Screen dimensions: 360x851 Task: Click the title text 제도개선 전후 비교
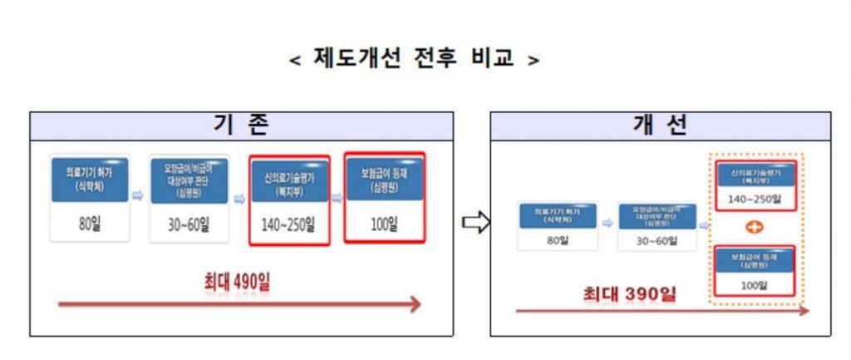click(414, 58)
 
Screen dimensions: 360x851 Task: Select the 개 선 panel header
click(660, 126)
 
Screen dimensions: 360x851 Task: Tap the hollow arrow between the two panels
click(475, 223)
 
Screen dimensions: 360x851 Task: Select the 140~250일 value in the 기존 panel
click(290, 224)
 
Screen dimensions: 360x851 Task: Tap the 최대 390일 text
click(628, 293)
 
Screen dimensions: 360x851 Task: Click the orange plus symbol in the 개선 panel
click(755, 227)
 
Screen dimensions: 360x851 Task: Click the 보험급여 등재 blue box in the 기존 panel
click(384, 180)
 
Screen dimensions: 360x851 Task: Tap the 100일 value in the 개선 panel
click(755, 285)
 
